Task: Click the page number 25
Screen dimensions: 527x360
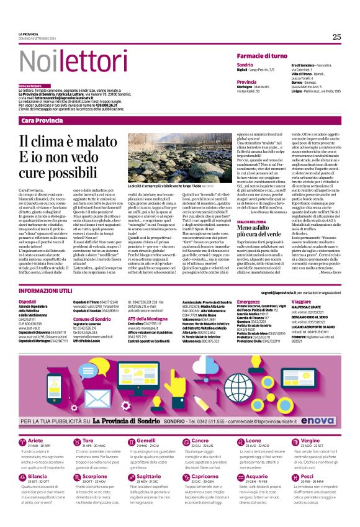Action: pyautogui.click(x=336, y=37)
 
